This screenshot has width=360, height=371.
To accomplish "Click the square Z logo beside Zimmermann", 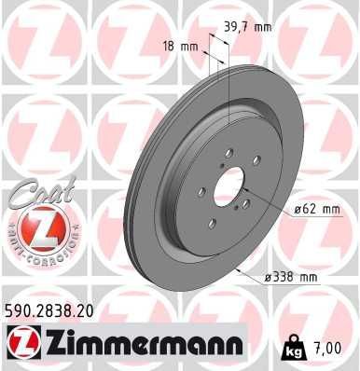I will [17, 347].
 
